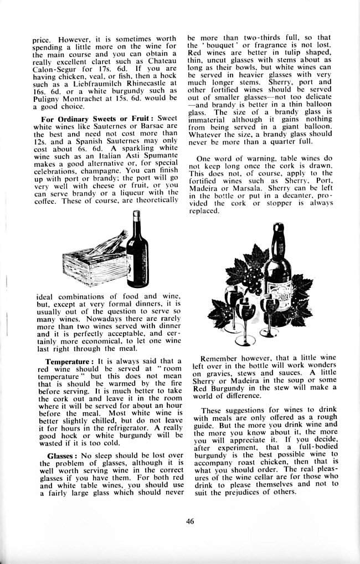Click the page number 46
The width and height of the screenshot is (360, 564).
(190, 520)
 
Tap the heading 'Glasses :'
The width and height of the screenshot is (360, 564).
(60, 455)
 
